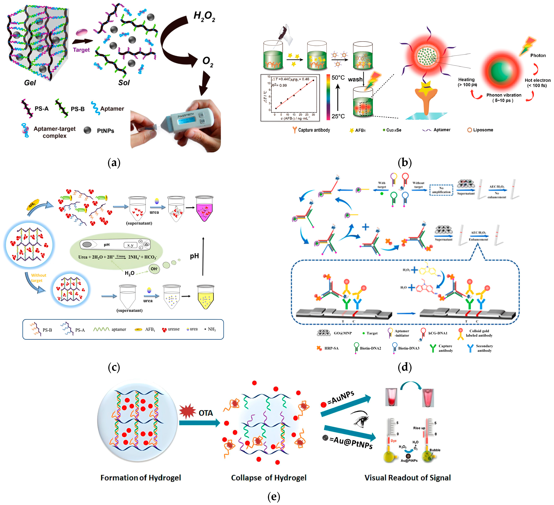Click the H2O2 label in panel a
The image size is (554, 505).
pos(204,17)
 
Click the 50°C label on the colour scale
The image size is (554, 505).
pos(338,78)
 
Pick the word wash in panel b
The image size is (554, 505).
pos(355,79)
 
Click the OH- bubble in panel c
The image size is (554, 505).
pos(154,269)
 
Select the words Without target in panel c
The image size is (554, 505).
pos(38,278)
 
